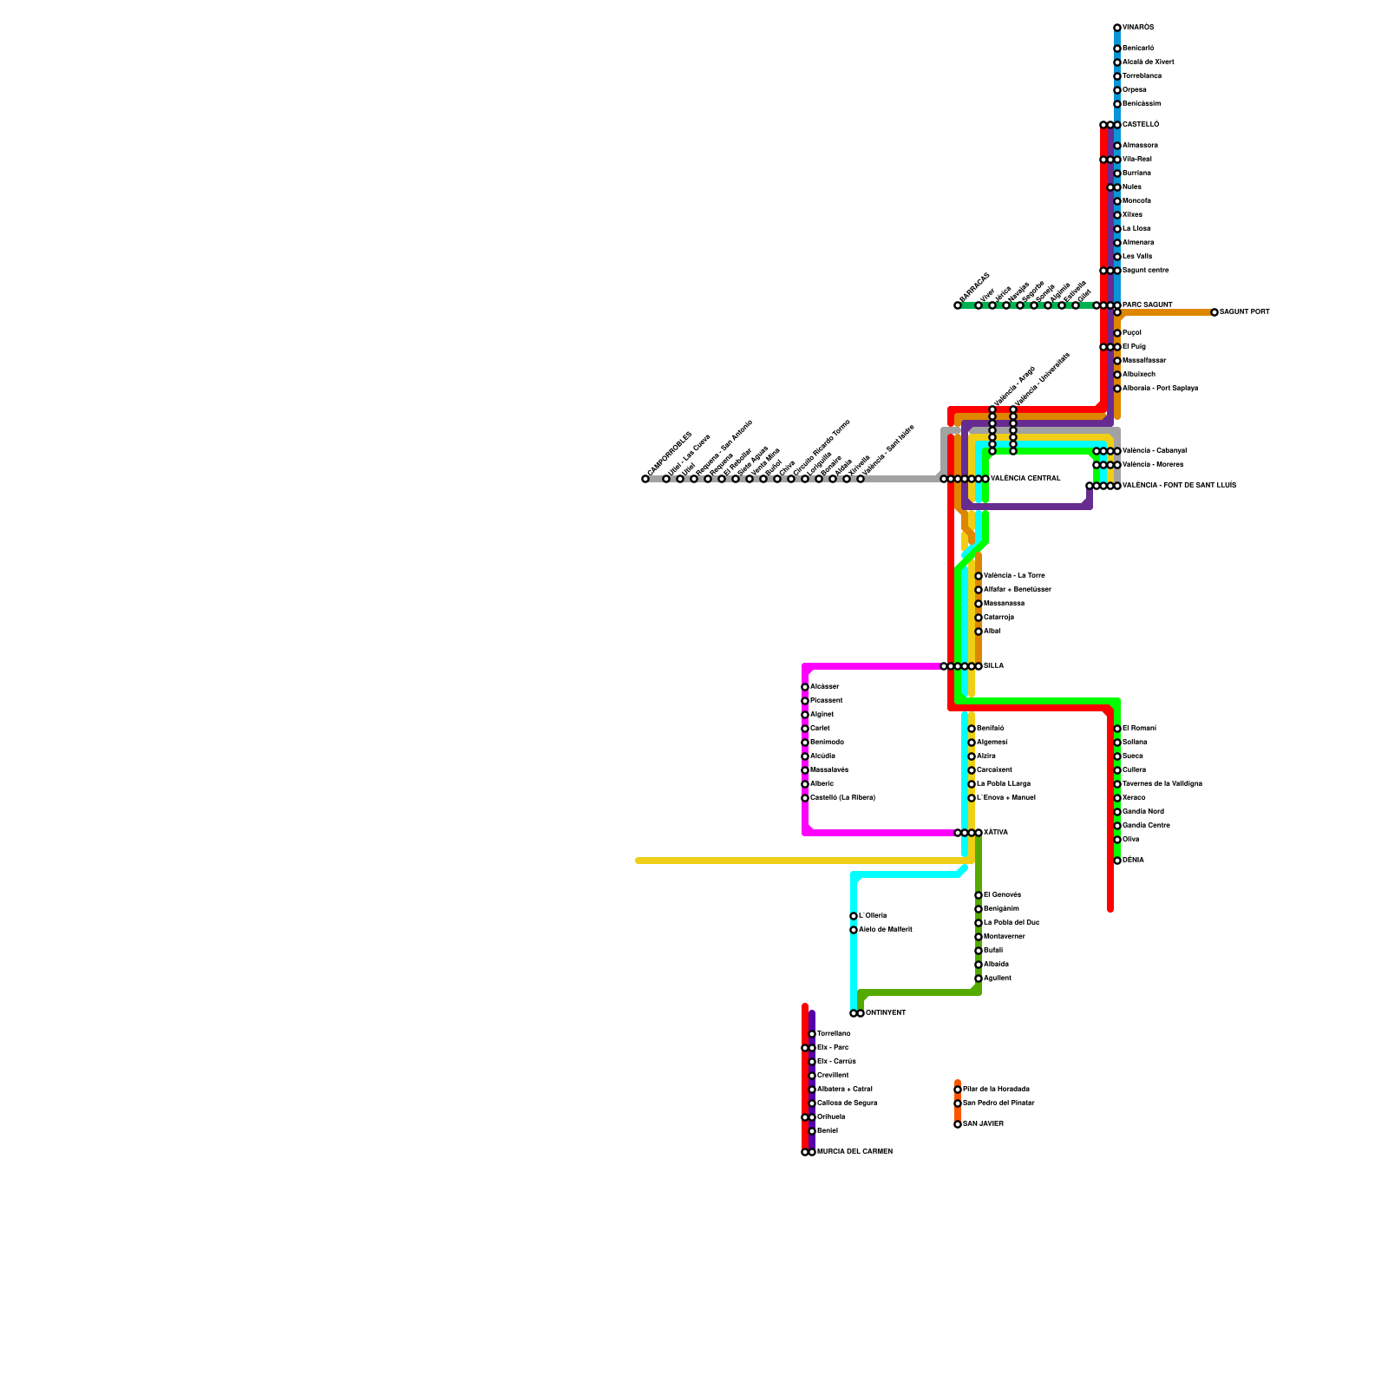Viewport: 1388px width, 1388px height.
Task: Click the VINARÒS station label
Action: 1138,28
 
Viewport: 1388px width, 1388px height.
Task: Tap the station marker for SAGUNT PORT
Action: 1214,312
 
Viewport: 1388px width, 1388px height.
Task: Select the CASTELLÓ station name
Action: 1141,125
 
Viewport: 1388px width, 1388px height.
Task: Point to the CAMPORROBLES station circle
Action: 645,479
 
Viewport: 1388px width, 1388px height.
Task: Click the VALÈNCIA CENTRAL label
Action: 1025,479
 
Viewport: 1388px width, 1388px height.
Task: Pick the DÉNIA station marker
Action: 1117,861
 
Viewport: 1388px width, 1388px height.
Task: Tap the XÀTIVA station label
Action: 996,833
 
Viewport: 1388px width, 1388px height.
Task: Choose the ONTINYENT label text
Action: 886,1013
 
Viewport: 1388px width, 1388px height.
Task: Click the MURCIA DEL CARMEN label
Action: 854,1152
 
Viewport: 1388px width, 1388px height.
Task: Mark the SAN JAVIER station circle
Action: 958,1124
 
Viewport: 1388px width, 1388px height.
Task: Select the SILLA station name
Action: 994,666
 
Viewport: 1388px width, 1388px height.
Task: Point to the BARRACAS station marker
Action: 958,305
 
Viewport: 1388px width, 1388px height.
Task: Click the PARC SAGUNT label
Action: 1147,305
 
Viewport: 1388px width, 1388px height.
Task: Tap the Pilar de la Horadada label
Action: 996,1089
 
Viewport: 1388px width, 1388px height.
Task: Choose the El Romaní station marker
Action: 1117,729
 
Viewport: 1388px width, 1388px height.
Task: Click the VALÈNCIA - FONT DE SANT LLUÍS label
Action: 1179,486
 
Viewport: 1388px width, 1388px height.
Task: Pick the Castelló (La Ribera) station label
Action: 842,798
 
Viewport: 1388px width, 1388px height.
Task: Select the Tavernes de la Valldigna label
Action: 1162,784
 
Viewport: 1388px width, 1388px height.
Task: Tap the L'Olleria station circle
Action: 854,916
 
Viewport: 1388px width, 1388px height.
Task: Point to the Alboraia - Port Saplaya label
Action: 1160,389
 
